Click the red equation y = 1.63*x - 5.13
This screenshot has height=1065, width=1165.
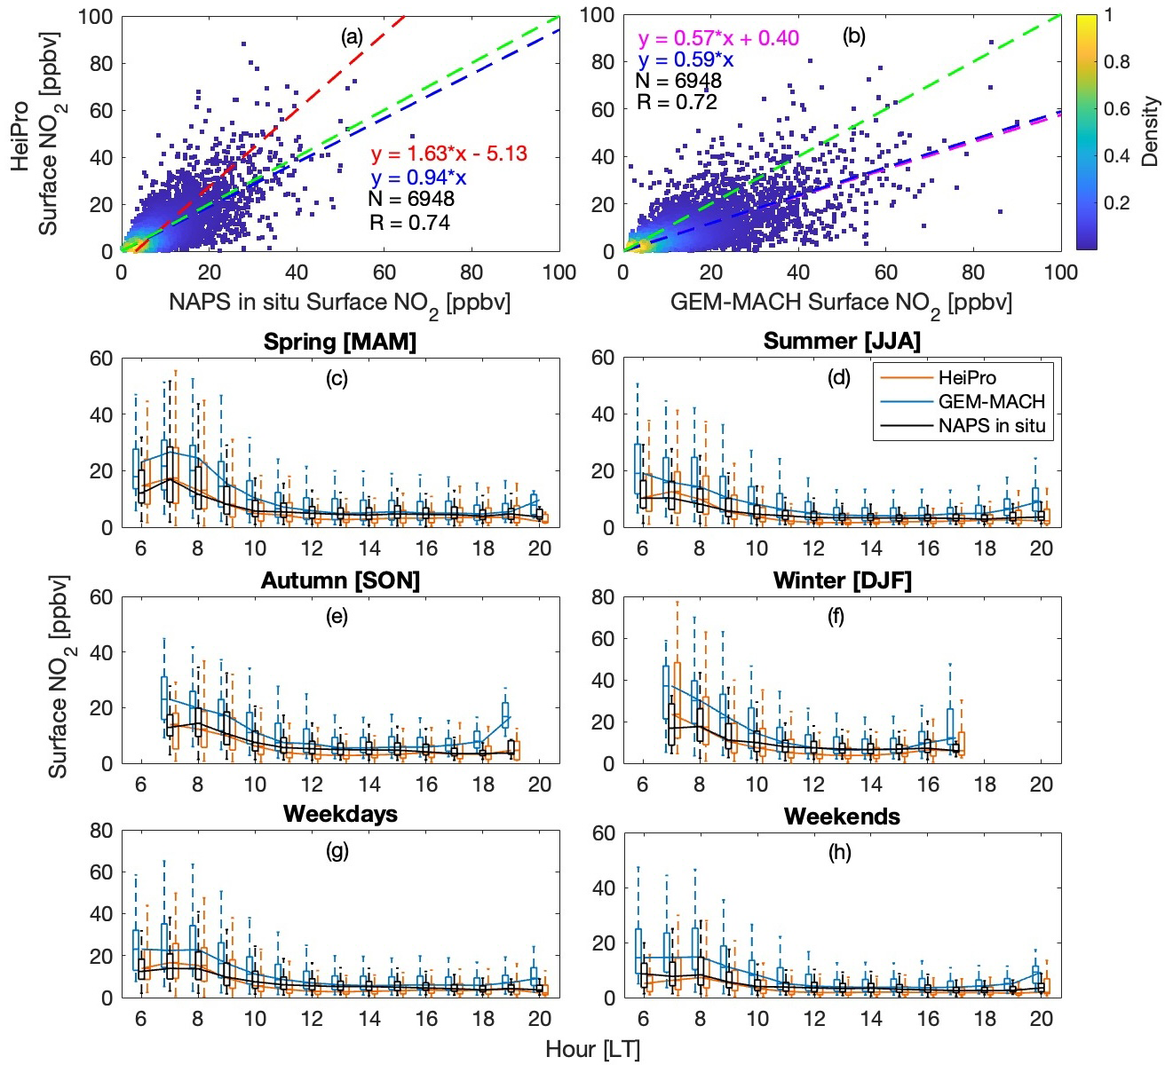(x=448, y=154)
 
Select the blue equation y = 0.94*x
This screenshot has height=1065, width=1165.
(x=418, y=177)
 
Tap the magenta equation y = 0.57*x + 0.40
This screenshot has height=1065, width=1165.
(x=717, y=38)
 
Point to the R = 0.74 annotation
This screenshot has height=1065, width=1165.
(x=409, y=223)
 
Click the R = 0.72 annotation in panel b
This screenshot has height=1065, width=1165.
(x=677, y=103)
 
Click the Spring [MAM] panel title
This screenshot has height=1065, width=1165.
(x=340, y=342)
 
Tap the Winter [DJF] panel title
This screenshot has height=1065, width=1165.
(x=842, y=580)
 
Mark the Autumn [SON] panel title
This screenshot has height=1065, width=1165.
(x=340, y=580)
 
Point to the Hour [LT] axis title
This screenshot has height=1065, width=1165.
(x=592, y=1049)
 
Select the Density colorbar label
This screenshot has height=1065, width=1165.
(x=1151, y=131)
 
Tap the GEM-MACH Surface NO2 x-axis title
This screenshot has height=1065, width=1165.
(x=841, y=303)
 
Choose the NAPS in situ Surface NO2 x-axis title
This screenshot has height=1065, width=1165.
(x=339, y=303)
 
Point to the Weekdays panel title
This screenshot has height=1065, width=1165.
(x=340, y=814)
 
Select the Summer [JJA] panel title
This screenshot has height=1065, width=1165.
(x=842, y=342)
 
